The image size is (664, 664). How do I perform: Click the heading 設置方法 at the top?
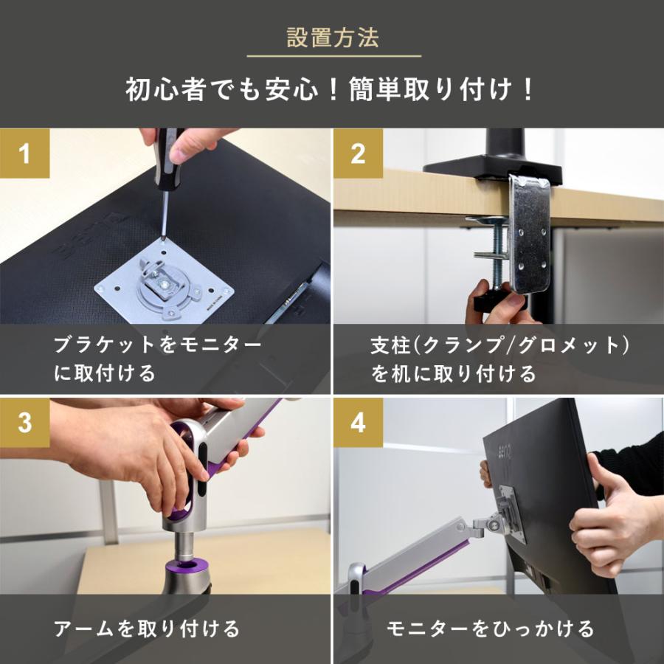(332, 38)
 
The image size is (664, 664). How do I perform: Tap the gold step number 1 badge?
(24, 154)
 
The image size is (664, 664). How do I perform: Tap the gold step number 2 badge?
(358, 154)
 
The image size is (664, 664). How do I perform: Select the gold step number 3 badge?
(24, 423)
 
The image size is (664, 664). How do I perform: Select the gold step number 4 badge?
(358, 423)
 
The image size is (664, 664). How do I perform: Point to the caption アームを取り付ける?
(147, 629)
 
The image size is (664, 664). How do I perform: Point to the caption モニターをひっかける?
(491, 629)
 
